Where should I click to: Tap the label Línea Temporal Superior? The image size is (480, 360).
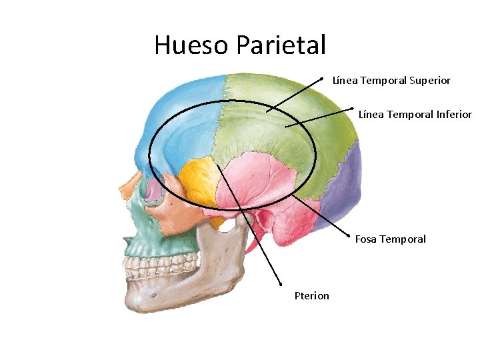click(x=391, y=81)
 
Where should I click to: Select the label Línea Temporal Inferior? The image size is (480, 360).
click(x=415, y=115)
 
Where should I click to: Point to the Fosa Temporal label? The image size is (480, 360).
click(x=390, y=239)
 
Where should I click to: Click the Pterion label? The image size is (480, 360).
click(x=312, y=296)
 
